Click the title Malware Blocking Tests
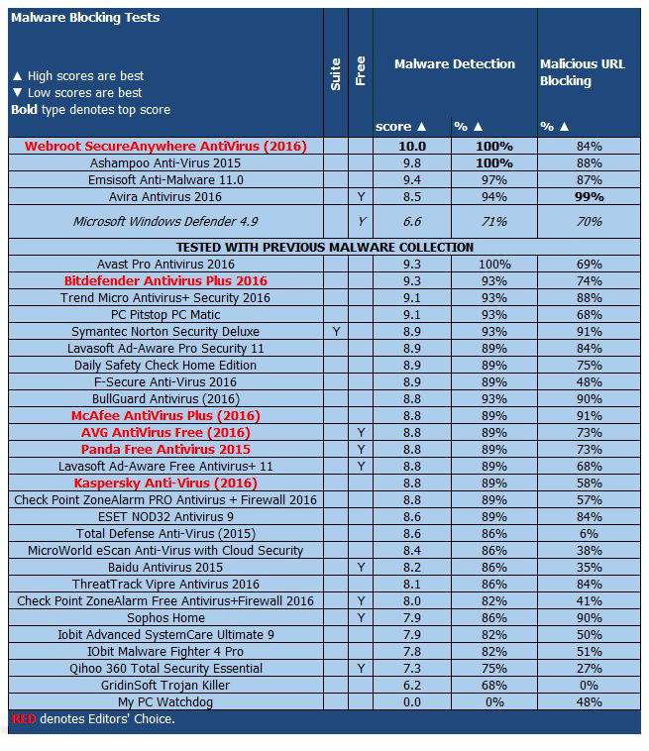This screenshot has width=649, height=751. tap(85, 18)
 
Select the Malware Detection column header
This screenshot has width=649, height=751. tap(454, 64)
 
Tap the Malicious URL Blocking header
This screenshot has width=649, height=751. tap(583, 72)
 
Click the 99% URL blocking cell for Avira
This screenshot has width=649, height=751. tap(591, 197)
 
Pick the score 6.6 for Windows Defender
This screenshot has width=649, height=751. tap(412, 222)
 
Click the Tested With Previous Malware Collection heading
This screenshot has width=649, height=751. tap(325, 247)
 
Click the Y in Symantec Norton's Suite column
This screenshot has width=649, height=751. tap(336, 331)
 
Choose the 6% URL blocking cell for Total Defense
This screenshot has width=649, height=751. tap(591, 533)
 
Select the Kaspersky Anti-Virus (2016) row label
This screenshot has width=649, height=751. tap(165, 483)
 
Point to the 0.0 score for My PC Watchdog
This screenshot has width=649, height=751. tap(412, 701)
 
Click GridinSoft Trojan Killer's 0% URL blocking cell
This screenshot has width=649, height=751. tap(591, 685)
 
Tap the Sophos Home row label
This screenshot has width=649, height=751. tap(165, 617)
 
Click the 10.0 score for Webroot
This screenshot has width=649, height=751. tap(412, 146)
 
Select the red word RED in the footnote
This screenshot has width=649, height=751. tap(24, 718)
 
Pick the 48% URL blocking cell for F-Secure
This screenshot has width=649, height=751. tap(591, 381)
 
